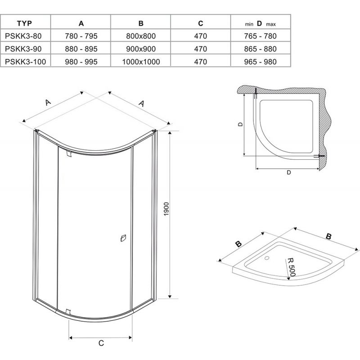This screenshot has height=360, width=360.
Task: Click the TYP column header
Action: [24, 23]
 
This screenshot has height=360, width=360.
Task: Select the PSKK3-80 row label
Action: [23, 36]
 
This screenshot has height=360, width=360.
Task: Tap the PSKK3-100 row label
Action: [25, 62]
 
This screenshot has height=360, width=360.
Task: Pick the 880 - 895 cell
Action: [81, 49]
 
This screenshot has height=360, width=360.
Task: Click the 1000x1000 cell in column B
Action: [141, 62]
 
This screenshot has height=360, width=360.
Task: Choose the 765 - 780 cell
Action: [261, 36]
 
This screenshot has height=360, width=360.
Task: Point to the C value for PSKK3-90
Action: [200, 49]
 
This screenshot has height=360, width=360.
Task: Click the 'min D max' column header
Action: [261, 23]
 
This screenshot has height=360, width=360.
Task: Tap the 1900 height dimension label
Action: [166, 209]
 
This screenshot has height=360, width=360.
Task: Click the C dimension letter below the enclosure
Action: [101, 343]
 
